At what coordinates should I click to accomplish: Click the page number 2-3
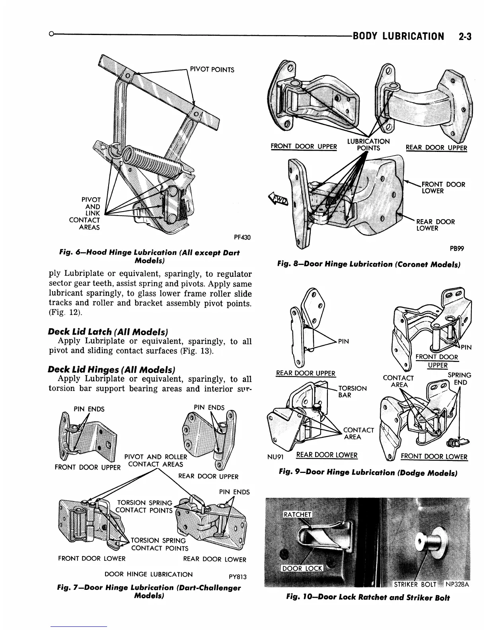464,37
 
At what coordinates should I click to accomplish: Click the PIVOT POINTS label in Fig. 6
212,70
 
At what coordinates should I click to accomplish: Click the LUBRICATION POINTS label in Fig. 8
368,145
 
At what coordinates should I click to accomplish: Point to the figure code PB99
457,249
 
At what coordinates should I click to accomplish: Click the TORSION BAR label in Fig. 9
352,391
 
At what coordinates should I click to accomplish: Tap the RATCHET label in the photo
297,514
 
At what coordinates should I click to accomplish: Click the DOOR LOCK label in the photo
302,568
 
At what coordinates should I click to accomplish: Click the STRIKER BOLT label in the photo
415,584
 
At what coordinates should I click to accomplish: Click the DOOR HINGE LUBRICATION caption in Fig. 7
148,574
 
